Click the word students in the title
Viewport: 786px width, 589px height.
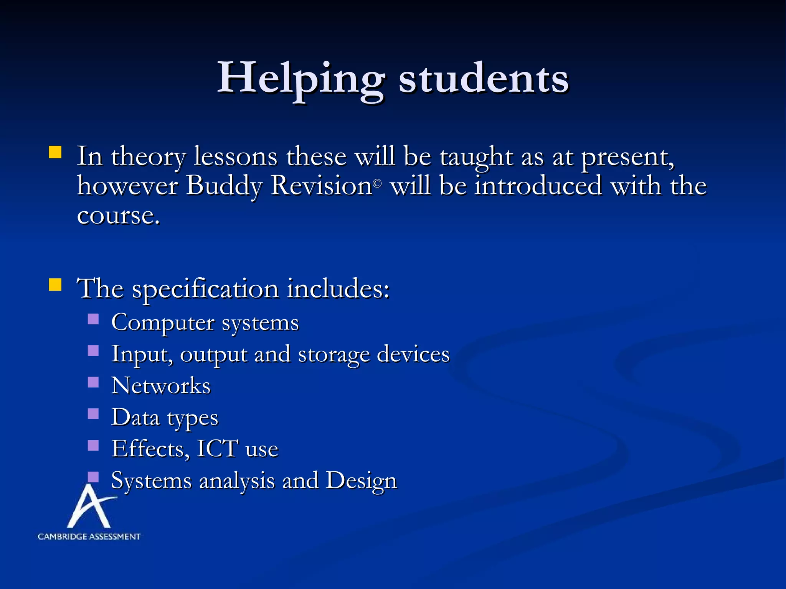click(x=483, y=79)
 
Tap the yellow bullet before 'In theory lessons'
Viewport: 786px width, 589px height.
click(x=55, y=152)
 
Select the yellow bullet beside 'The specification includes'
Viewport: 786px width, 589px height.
click(x=55, y=285)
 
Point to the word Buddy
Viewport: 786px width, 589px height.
click(x=224, y=186)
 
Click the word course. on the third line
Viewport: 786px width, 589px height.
click(x=118, y=216)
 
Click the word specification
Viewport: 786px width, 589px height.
click(x=205, y=290)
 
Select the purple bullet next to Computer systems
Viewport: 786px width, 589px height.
click(x=93, y=319)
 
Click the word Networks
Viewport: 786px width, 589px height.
click(x=161, y=385)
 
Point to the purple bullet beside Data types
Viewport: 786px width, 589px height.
click(x=93, y=414)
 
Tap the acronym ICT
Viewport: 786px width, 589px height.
click(x=217, y=449)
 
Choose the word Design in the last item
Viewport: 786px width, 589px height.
click(x=361, y=480)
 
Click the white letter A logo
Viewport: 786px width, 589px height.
click(x=89, y=506)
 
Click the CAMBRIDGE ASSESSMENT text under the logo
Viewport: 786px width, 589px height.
click(x=89, y=536)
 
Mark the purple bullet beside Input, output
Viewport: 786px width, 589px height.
click(x=93, y=351)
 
